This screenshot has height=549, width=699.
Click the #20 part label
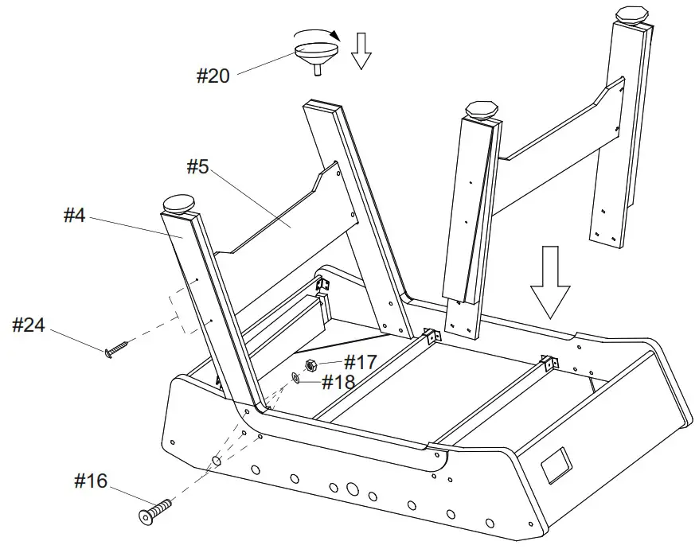click(213, 76)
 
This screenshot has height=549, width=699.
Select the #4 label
click(74, 216)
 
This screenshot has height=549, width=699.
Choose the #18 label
click(338, 382)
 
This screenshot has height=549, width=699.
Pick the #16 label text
click(91, 481)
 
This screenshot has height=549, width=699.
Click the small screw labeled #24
click(116, 348)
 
